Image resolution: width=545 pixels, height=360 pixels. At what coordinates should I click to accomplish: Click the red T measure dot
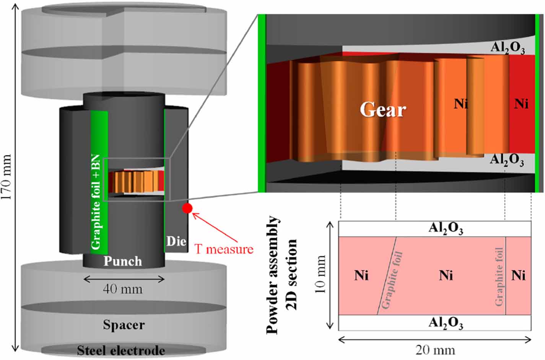187,208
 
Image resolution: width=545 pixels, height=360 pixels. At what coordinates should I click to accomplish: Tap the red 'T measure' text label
224,249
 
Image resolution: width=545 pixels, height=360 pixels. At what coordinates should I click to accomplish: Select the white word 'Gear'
382,110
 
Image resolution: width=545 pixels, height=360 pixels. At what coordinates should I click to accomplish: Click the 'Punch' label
123,261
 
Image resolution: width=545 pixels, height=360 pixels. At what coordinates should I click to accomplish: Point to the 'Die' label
176,241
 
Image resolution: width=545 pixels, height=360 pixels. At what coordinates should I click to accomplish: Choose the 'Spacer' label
124,325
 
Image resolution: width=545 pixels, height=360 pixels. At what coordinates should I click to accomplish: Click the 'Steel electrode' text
121,350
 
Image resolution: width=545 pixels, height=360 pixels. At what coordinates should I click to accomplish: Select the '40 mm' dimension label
122,289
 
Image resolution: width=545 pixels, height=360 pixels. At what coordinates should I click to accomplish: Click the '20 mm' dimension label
435,350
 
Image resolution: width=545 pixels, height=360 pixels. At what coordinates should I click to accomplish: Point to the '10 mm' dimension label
320,274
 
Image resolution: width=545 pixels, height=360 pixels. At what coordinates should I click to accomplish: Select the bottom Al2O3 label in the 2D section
446,323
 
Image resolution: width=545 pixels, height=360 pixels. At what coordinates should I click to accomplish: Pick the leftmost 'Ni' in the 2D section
361,275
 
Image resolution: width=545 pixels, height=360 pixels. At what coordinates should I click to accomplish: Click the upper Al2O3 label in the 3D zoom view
508,48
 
